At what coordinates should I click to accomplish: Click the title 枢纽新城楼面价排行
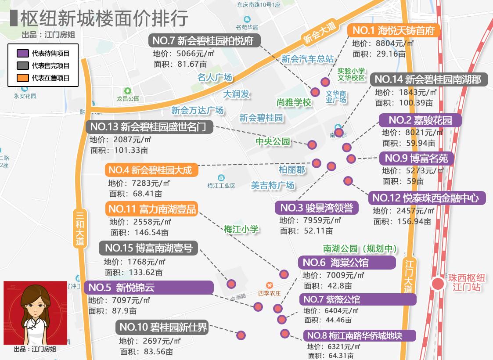(x=104, y=18)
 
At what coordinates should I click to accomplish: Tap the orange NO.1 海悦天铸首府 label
(x=394, y=30)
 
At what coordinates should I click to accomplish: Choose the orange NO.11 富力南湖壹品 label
(x=151, y=209)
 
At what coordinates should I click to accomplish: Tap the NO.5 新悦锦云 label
(x=148, y=288)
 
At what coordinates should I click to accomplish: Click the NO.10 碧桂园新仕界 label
(x=163, y=327)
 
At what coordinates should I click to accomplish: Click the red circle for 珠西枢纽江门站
(x=438, y=283)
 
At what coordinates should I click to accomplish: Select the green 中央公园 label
(x=273, y=141)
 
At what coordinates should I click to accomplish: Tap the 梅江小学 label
(x=241, y=229)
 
